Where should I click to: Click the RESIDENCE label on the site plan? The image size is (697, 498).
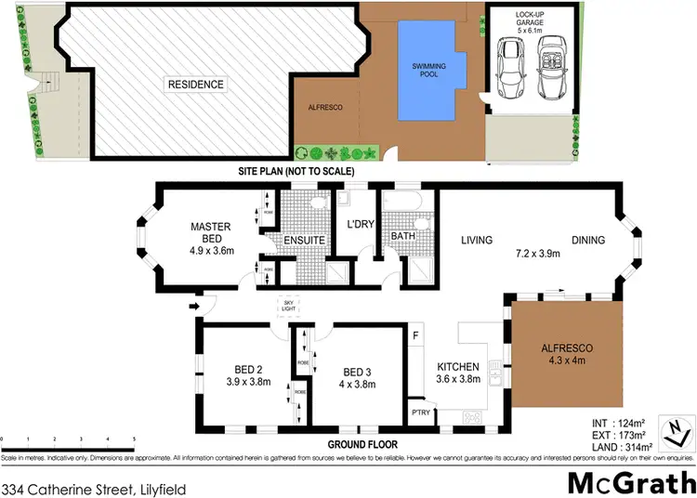pos(196,85)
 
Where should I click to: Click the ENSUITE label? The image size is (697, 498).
pos(305,240)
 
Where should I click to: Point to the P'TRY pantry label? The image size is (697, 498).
pos(422,412)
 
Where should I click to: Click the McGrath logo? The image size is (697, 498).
pos(632,483)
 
